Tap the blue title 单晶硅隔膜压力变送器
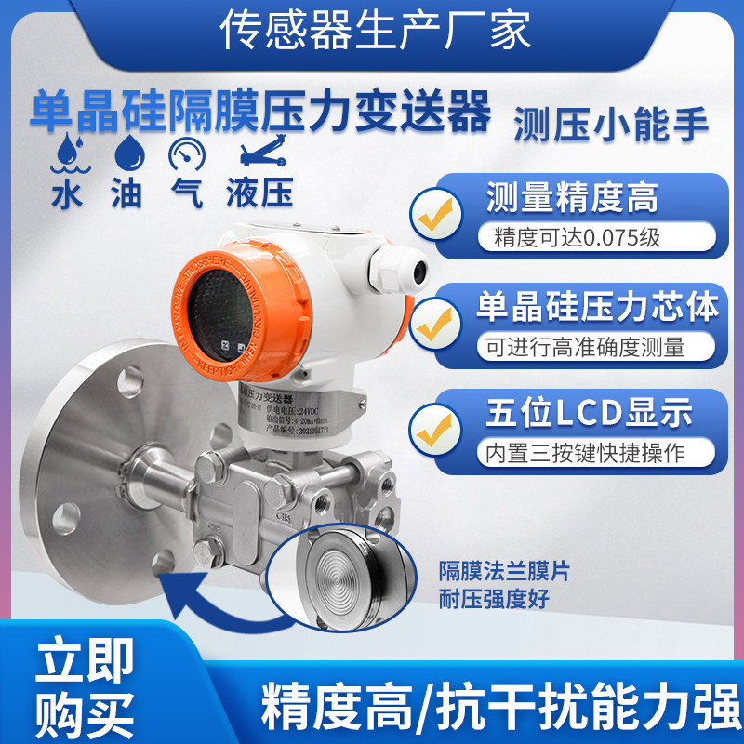click(260, 113)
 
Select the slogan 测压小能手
click(611, 123)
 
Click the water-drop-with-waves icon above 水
click(63, 153)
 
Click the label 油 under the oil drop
click(126, 193)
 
